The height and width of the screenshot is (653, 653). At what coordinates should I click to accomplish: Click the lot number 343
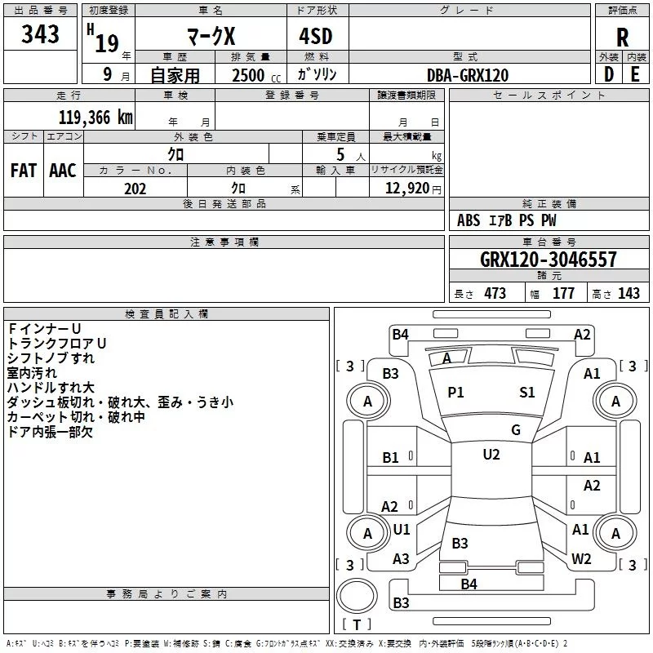click(x=40, y=34)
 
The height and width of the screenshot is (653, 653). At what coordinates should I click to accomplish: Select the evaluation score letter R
click(x=622, y=37)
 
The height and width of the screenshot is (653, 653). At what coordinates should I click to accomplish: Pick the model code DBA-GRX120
click(x=468, y=75)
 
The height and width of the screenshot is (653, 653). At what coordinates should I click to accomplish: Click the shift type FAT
click(x=23, y=170)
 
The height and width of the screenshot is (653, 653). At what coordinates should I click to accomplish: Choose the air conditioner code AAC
click(x=63, y=170)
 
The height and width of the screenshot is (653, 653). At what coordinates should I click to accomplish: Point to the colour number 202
click(x=135, y=189)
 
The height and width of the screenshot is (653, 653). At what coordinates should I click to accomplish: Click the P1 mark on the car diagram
click(x=455, y=393)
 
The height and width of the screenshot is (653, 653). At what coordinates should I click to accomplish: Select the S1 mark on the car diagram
click(x=527, y=393)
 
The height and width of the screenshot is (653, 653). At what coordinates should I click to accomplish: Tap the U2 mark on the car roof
click(x=491, y=455)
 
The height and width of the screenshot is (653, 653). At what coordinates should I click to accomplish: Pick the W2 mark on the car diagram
click(x=581, y=559)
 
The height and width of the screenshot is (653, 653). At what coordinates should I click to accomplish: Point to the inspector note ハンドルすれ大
click(x=50, y=387)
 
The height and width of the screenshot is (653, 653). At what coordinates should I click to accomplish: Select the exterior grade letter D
click(x=609, y=75)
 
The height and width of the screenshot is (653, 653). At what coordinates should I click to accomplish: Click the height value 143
click(x=629, y=294)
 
